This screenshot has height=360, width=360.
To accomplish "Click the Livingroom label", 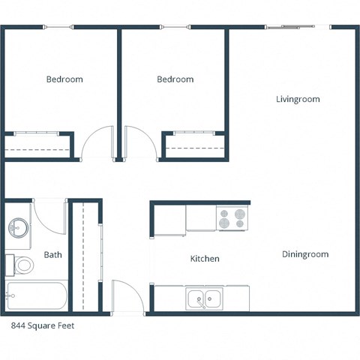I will click(298, 99).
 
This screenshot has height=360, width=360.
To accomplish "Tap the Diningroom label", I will click(305, 254).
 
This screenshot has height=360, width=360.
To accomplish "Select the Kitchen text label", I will click(205, 259).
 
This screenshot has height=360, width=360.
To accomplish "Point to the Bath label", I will click(52, 255).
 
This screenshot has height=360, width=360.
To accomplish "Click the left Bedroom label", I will click(64, 79).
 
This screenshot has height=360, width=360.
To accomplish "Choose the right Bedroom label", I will click(175, 79).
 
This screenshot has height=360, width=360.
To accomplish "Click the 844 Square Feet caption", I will click(43, 326).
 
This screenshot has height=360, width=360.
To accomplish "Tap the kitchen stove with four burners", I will click(232, 218).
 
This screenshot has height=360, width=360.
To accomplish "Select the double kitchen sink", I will click(204, 298).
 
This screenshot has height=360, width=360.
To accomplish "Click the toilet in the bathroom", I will click(22, 264).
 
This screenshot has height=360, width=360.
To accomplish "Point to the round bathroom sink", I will click(18, 227).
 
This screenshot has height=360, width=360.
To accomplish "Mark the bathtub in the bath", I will click(36, 297).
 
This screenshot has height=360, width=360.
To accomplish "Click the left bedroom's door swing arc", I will click(97, 143).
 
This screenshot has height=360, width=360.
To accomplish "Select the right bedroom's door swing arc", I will click(140, 142).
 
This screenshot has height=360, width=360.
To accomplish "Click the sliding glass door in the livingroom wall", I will click(298, 28).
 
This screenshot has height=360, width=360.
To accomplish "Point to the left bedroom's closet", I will click(40, 145).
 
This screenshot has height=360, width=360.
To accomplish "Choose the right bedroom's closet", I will click(194, 145).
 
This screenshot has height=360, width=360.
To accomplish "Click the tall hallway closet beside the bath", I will click(85, 255).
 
